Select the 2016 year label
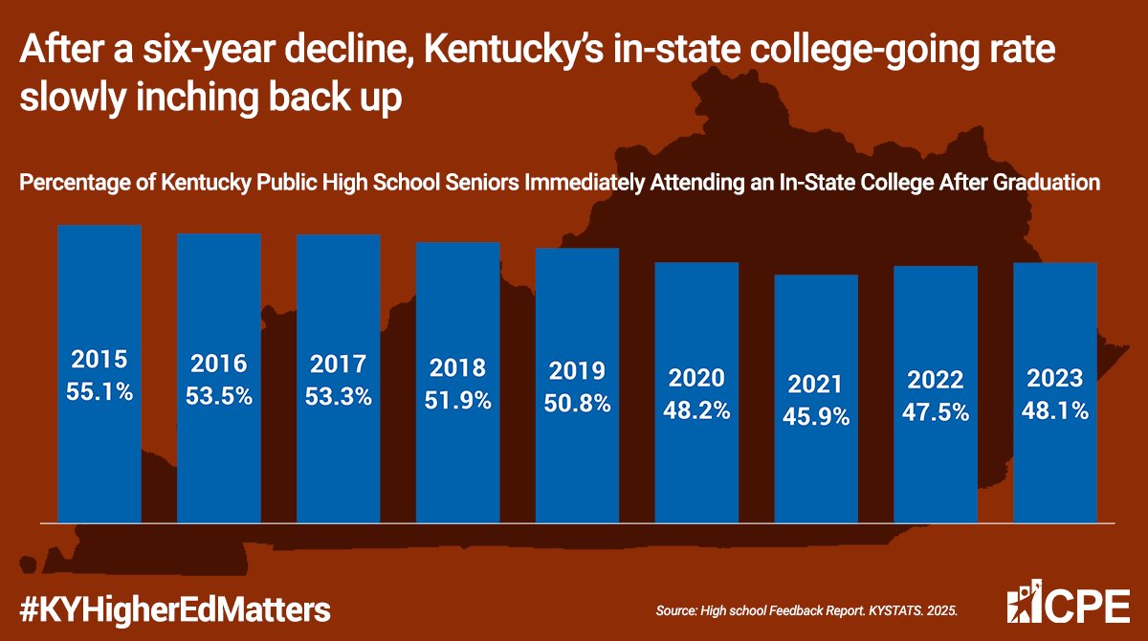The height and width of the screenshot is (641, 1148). coord(219,364)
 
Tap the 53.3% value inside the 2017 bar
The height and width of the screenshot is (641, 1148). coord(339,395)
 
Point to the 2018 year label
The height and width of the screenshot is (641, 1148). coord(458,368)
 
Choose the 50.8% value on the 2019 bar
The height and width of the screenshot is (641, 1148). coord(578,403)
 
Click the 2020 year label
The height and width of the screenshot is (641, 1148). coord(697,378)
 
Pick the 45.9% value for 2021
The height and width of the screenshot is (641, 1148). coord(816,417)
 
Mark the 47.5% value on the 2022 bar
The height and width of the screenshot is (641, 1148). coord(936,412)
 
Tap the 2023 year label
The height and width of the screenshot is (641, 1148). coord(1055,377)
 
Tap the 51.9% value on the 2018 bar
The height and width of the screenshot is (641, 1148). coord(458,400)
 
